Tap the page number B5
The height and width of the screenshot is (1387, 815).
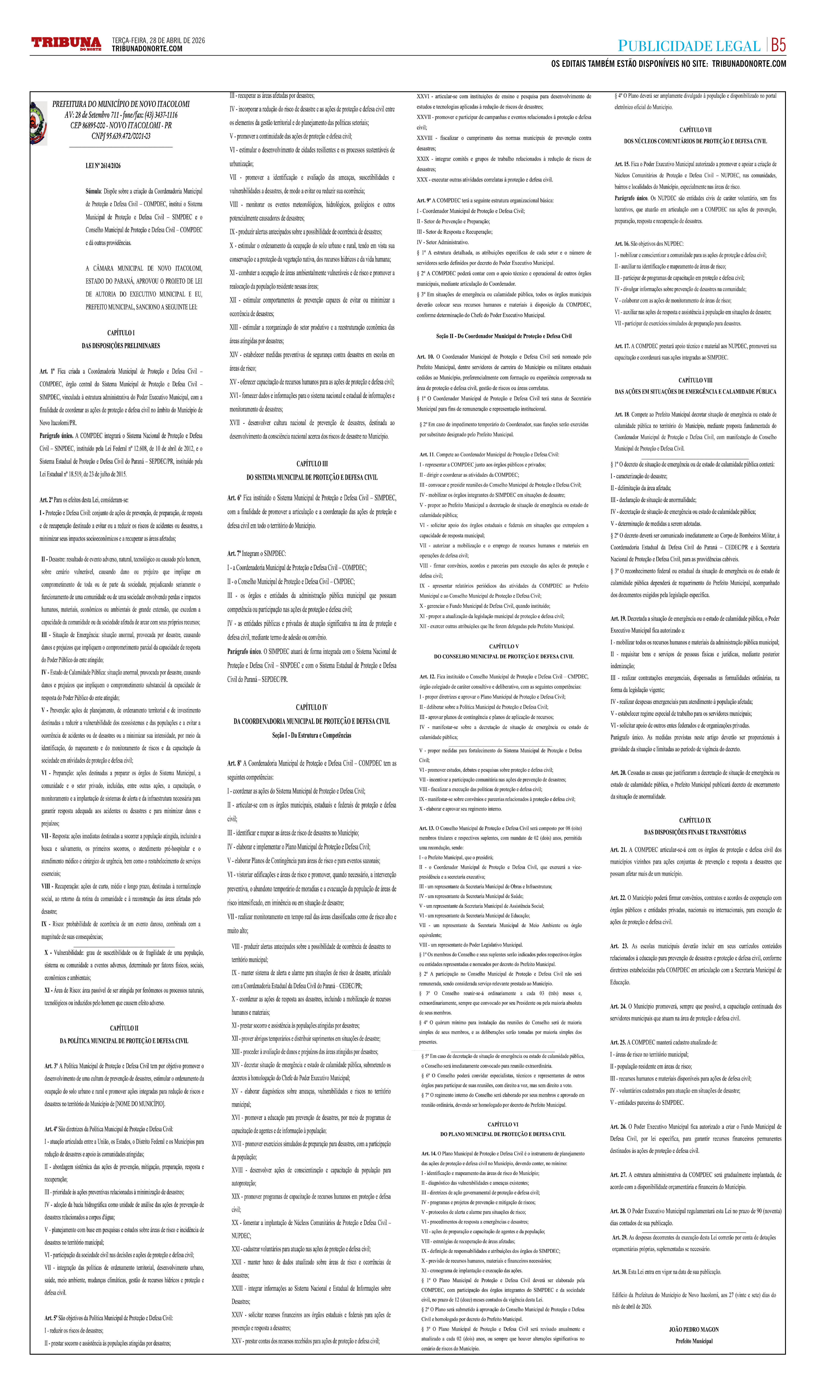778,45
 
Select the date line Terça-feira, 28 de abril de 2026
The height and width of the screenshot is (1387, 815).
158,40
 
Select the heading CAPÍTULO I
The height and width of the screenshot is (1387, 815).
121,332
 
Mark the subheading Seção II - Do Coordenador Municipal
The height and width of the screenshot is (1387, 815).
503,336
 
